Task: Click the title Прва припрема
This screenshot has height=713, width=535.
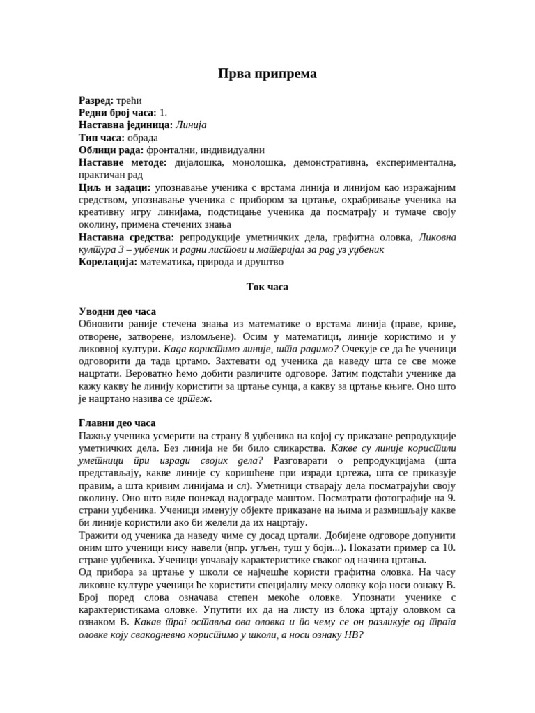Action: point(267,74)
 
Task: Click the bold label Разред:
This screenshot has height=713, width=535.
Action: point(96,100)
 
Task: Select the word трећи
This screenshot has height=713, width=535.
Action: point(130,100)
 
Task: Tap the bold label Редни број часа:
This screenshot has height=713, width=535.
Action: point(118,113)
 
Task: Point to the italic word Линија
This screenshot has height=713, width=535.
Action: point(192,125)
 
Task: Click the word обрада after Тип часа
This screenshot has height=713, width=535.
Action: point(142,138)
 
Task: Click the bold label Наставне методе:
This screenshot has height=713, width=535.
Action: point(123,162)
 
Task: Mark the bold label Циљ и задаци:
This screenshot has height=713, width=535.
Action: point(114,187)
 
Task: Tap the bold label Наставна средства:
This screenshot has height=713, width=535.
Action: point(126,237)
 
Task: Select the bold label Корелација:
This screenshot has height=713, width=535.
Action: point(108,263)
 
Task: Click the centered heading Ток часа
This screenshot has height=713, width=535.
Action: point(267,287)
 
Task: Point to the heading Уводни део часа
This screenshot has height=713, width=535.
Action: point(117,312)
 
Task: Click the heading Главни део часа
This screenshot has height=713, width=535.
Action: point(117,423)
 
